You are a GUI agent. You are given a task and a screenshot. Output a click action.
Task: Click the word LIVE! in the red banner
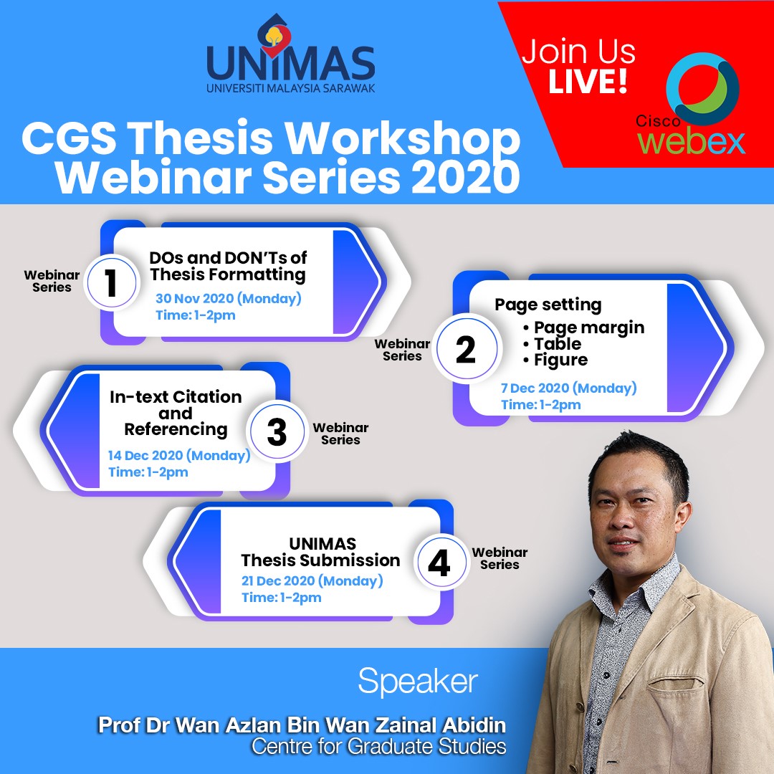click(x=588, y=82)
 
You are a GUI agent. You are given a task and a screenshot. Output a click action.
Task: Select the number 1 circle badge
click(x=112, y=282)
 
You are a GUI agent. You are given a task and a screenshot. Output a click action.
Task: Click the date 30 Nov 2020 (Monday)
click(x=229, y=299)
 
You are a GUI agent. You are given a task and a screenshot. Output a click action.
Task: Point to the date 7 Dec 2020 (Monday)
click(x=568, y=388)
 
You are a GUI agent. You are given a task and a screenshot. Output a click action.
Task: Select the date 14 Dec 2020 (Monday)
click(x=179, y=455)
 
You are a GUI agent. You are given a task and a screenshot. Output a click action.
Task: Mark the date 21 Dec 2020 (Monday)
click(x=312, y=581)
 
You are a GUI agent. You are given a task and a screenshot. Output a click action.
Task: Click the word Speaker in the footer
click(x=418, y=682)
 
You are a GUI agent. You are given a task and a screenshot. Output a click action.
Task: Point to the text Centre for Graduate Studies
click(x=378, y=746)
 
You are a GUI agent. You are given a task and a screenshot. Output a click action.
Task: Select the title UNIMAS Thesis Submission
click(x=321, y=552)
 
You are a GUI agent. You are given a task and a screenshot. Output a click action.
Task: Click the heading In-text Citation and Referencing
click(x=176, y=414)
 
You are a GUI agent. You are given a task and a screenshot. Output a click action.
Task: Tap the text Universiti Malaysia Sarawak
click(x=291, y=88)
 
